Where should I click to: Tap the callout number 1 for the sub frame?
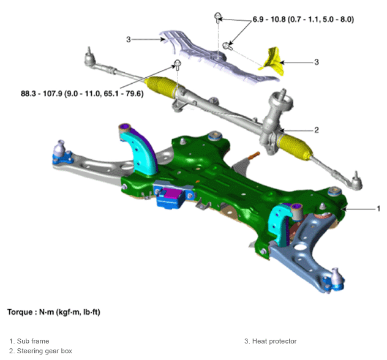(378, 209)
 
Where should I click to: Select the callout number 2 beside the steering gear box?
(317, 130)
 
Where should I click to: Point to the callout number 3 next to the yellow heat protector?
(317, 62)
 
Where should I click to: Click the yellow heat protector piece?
(272, 61)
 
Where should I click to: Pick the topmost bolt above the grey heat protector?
(218, 18)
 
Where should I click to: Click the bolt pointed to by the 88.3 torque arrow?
(178, 64)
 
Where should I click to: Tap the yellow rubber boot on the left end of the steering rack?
(163, 87)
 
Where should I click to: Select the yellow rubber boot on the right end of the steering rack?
(295, 146)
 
